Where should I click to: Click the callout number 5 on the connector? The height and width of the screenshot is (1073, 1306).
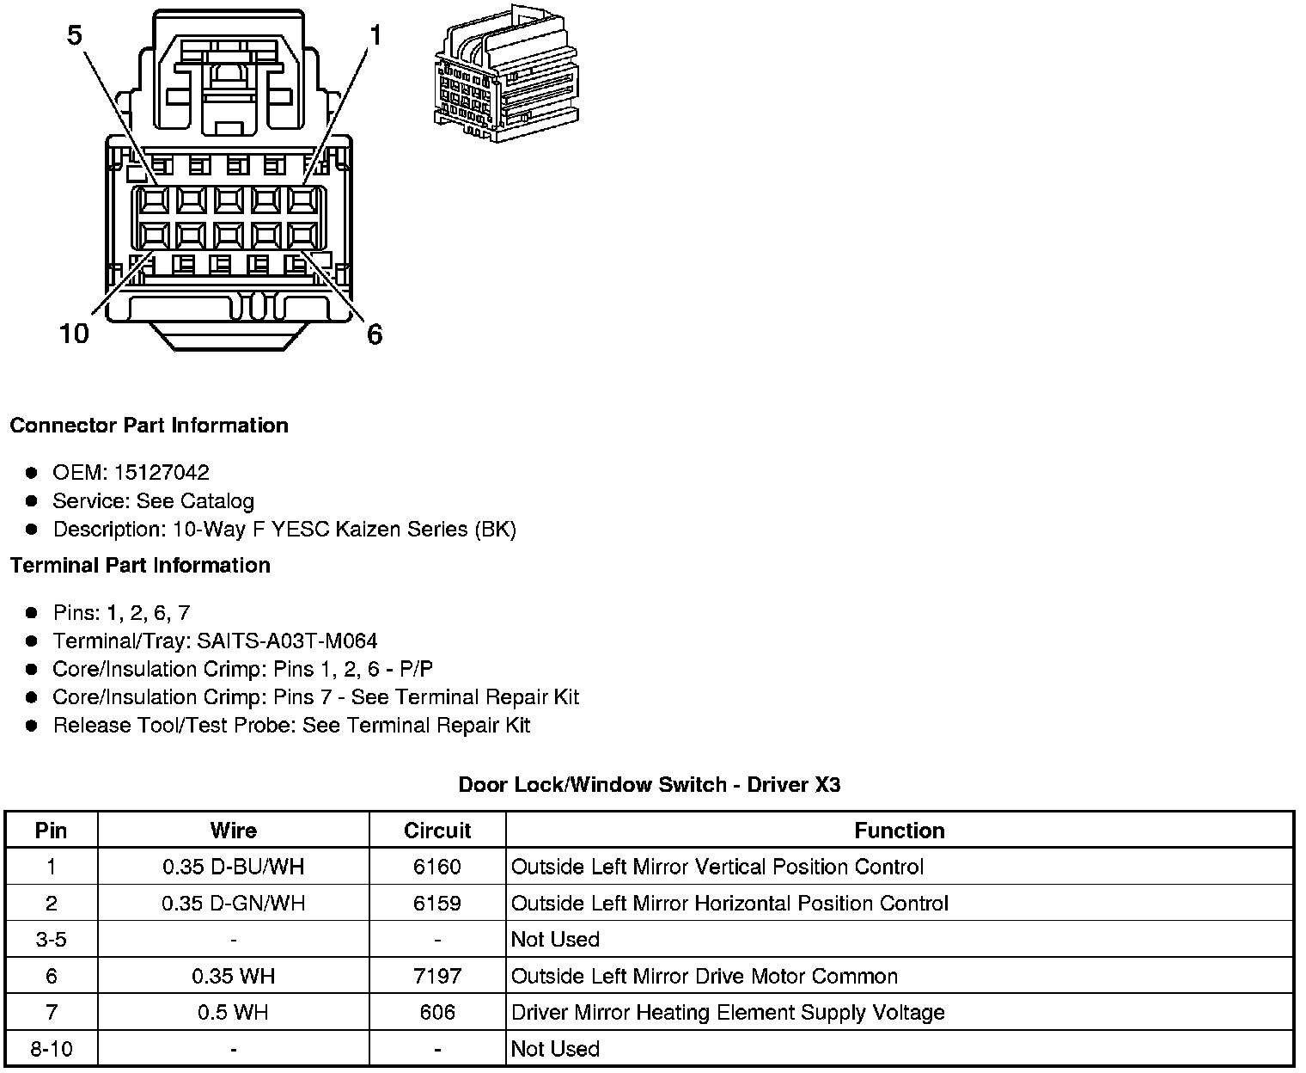(75, 36)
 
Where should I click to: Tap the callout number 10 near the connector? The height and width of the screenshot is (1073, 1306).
(75, 334)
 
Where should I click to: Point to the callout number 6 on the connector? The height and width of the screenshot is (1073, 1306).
(375, 334)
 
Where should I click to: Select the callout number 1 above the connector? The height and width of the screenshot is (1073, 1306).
(375, 35)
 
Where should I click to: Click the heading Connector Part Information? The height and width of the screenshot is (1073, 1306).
(149, 426)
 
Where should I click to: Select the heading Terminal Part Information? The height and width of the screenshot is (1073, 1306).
(140, 565)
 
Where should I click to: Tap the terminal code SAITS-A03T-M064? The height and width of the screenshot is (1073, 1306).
(287, 641)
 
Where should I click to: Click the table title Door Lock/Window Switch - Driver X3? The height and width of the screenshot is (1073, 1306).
(650, 784)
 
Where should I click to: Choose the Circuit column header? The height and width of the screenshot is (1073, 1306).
(437, 831)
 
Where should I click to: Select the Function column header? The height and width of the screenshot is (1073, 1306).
(900, 831)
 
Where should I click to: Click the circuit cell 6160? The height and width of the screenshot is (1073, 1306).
(437, 867)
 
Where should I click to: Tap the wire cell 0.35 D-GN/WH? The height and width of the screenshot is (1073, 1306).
(234, 904)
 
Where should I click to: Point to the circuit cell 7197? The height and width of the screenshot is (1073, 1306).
(437, 977)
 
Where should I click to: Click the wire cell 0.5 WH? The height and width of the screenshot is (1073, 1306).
(234, 1013)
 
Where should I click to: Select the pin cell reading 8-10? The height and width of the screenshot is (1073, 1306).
(52, 1049)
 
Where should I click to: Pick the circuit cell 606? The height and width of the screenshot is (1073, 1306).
(437, 1013)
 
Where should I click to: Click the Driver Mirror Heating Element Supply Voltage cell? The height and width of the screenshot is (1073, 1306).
(728, 1013)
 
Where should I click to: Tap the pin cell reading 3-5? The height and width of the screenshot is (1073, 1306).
(52, 940)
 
